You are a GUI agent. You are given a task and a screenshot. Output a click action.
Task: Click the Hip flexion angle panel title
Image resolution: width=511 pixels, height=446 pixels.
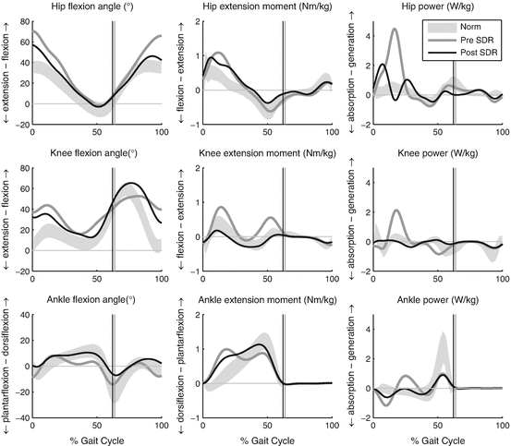point(96,8)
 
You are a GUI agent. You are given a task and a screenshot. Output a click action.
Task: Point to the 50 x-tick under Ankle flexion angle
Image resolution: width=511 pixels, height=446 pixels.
point(96,421)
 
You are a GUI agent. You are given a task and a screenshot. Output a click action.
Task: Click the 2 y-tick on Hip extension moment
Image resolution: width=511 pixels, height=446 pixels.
point(191,21)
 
